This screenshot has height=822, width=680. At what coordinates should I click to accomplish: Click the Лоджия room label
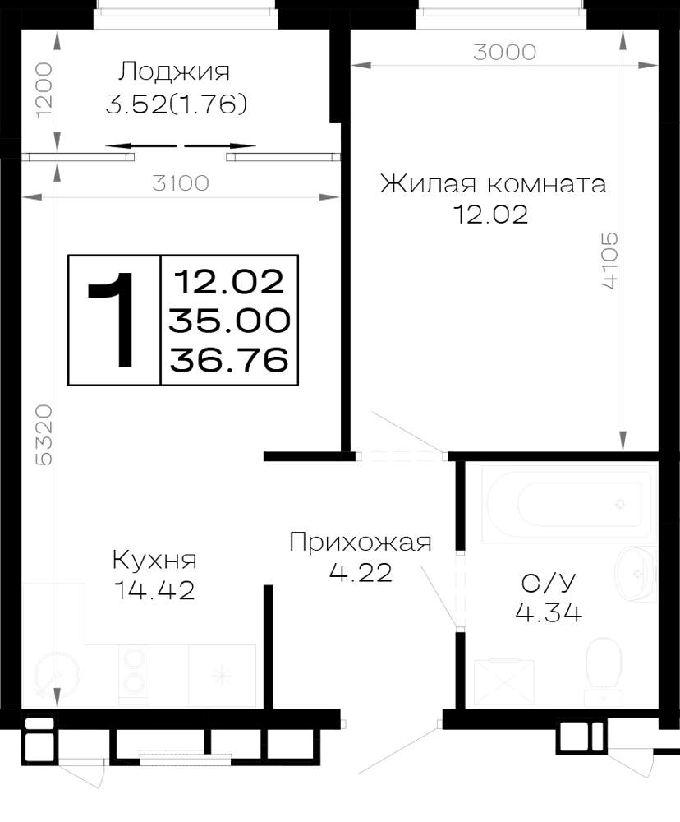[174, 72]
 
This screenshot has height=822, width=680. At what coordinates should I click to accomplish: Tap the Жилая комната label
[494, 184]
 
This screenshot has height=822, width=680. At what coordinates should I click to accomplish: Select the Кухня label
[154, 560]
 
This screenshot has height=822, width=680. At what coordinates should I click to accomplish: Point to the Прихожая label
[361, 542]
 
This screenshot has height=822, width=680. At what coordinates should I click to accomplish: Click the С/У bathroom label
[549, 582]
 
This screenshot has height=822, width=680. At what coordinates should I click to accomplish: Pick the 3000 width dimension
[504, 52]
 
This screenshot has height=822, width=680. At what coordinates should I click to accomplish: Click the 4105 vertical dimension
[610, 261]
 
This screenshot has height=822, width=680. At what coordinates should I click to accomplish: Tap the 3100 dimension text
[181, 183]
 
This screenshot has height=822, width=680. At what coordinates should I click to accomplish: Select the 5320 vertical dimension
[44, 435]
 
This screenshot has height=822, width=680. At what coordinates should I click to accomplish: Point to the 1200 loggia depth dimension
[44, 90]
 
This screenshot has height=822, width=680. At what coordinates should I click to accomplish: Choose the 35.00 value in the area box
[229, 321]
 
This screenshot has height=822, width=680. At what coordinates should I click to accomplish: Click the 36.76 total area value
[229, 360]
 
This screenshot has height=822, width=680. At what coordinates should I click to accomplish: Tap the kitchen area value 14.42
[154, 590]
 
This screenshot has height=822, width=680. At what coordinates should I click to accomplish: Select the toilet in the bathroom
[604, 671]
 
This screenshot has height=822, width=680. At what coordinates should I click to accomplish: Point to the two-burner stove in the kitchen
[134, 674]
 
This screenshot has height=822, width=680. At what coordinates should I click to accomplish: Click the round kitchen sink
[57, 675]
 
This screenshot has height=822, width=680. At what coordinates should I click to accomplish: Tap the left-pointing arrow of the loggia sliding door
[141, 145]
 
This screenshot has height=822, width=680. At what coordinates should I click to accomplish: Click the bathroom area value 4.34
[549, 612]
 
